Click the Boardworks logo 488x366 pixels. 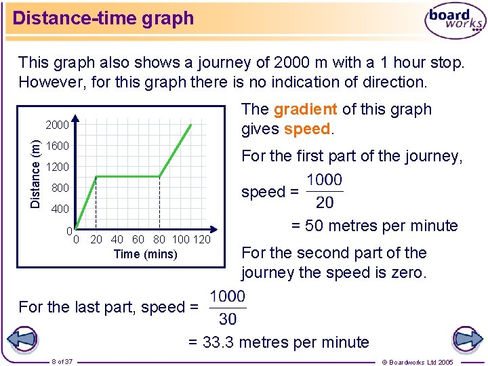[455, 20]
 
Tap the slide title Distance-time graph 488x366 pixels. [103, 18]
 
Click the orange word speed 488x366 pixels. [306, 129]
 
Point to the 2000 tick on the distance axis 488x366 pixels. [57, 125]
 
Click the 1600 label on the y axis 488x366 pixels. [57, 146]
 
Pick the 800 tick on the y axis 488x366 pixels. [60, 188]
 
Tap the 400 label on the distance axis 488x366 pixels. [60, 209]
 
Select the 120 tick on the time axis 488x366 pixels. [202, 239]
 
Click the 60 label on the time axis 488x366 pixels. [138, 239]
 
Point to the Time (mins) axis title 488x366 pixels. [146, 255]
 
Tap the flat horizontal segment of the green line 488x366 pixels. [127, 177]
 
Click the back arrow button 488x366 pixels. [22, 338]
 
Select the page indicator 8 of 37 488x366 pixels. [62, 361]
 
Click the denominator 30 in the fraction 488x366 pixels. [228, 319]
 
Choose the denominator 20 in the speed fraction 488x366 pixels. [325, 203]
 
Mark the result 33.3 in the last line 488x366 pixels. [220, 343]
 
